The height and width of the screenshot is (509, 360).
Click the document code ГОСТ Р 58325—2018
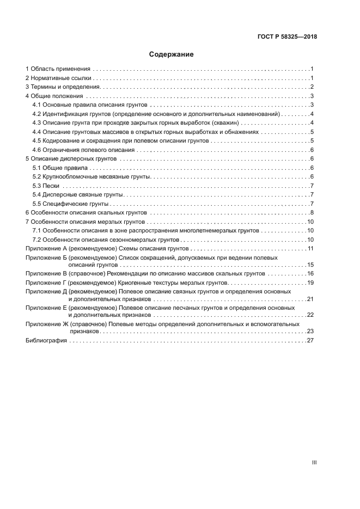coord(287,37)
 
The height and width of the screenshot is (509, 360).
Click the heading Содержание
coord(172,54)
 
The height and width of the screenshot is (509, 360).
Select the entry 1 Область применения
coord(58,70)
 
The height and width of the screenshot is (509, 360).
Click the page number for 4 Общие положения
coord(311,96)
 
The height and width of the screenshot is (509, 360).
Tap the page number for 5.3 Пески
coord(311,186)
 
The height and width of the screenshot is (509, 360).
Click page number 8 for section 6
coord(311,213)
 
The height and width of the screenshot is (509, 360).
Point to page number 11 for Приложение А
coord(310,248)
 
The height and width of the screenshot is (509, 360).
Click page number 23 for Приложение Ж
coord(310,331)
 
